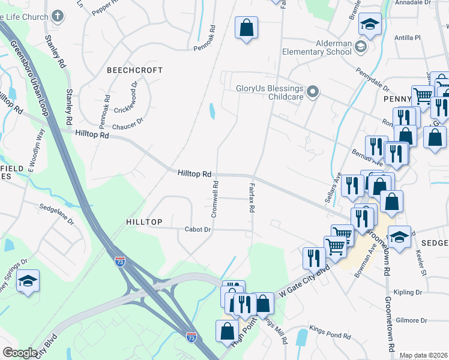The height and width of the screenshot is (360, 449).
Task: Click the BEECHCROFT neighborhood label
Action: [x=135, y=70]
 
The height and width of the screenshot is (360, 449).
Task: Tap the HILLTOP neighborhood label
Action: [x=145, y=222]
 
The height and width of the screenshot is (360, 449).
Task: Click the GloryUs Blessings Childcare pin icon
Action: [x=312, y=92]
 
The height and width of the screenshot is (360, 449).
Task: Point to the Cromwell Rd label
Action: [x=214, y=200]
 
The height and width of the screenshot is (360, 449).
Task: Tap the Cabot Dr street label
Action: [x=198, y=229]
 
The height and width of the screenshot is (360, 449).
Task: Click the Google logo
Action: [x=20, y=353]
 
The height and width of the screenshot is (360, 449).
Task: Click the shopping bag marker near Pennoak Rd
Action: [x=246, y=28]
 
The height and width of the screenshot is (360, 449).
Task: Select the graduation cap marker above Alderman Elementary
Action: [x=370, y=25]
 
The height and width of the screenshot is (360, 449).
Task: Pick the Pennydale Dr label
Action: [x=376, y=77]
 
